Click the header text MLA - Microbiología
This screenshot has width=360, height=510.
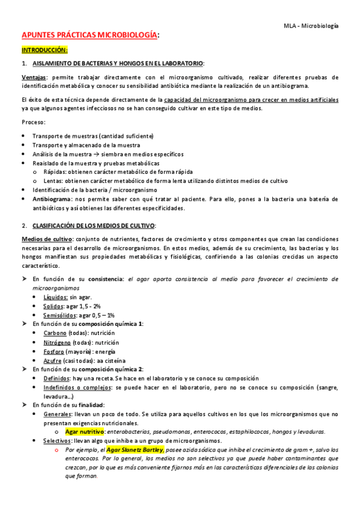pos(311,26)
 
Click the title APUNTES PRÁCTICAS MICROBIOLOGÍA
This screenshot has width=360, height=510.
pos(90,36)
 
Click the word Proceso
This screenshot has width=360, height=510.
pos(32,123)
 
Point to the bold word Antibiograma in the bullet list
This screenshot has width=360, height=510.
pos(50,198)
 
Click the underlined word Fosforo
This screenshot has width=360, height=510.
pos(54,351)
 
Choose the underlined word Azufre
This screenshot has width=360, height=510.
pos(53,360)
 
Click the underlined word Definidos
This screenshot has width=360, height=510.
pos(56,378)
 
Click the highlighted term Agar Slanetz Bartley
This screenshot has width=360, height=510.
pos(135,450)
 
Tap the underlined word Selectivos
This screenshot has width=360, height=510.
pos(58,441)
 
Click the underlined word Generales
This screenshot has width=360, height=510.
pos(57,414)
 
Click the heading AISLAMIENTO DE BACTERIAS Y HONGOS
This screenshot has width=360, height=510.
pos(118,64)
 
